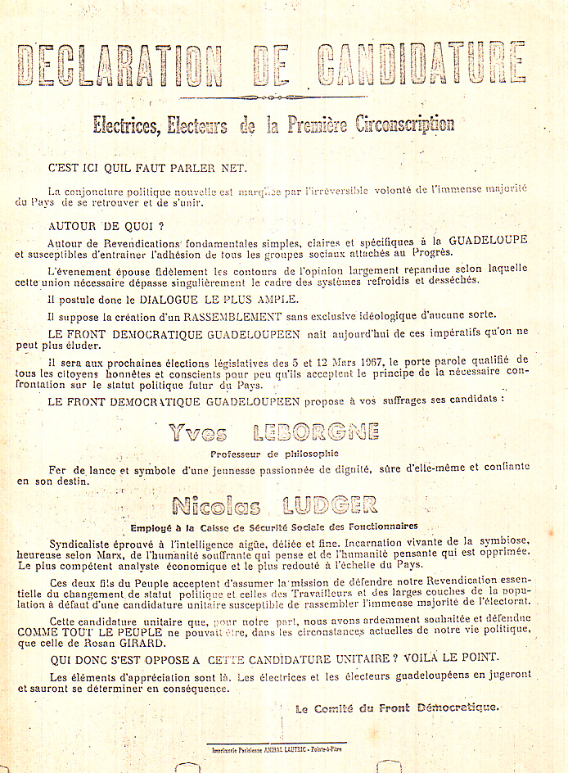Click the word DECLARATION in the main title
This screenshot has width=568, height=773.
click(119, 66)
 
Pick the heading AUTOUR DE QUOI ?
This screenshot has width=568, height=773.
click(106, 225)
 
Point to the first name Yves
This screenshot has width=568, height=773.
click(196, 433)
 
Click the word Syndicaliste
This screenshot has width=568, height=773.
click(83, 542)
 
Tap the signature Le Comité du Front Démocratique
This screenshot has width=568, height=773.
click(397, 708)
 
